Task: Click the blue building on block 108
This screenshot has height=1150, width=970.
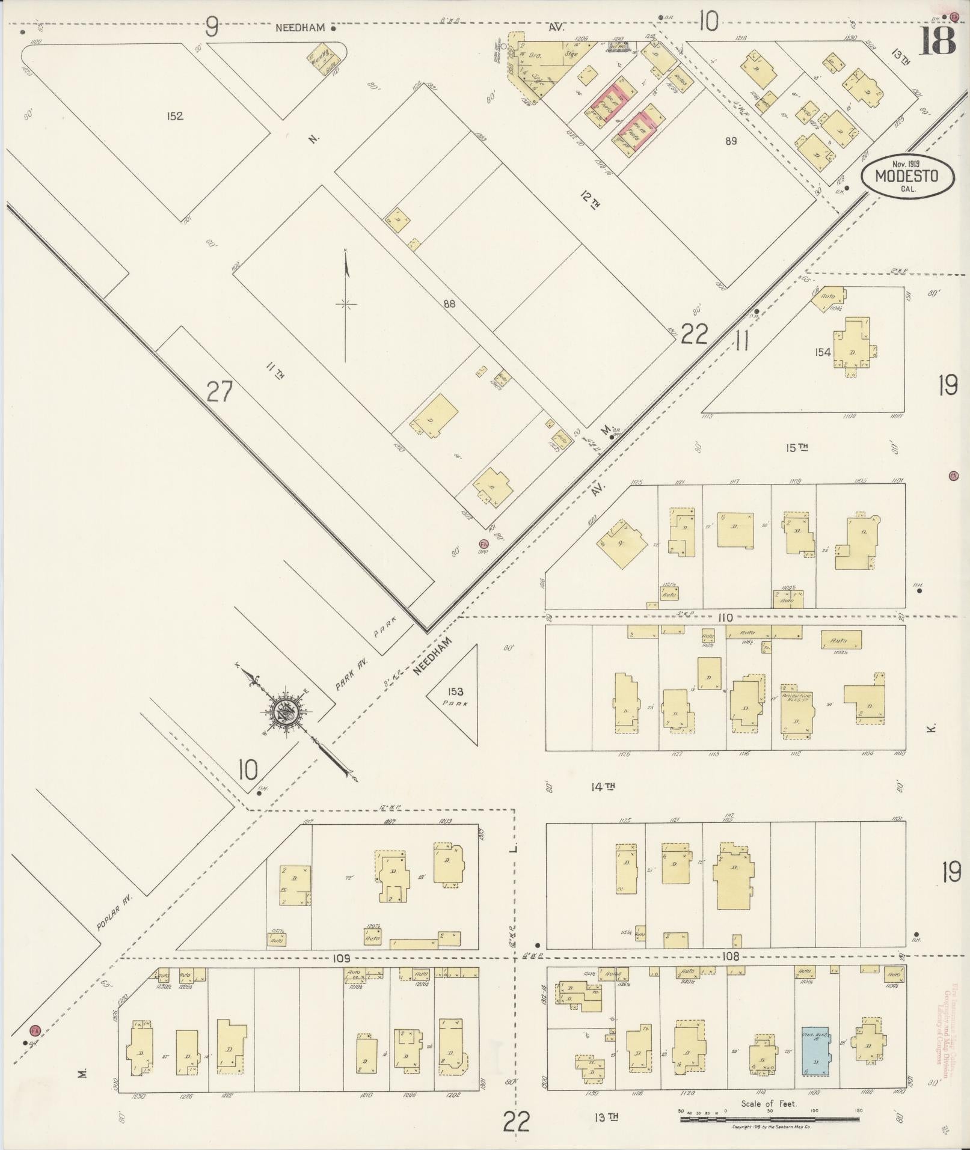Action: click(x=815, y=1049)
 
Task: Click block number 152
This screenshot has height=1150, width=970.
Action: click(x=175, y=117)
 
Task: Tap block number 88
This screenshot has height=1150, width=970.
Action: click(x=449, y=304)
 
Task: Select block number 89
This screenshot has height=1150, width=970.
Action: click(x=731, y=141)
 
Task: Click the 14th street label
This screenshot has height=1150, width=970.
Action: click(x=601, y=786)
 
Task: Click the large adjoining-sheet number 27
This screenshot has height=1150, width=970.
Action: click(x=219, y=392)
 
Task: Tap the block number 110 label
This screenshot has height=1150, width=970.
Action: click(x=725, y=617)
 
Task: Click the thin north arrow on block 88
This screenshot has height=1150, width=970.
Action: click(x=346, y=304)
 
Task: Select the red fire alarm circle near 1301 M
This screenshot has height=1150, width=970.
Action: click(x=483, y=544)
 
